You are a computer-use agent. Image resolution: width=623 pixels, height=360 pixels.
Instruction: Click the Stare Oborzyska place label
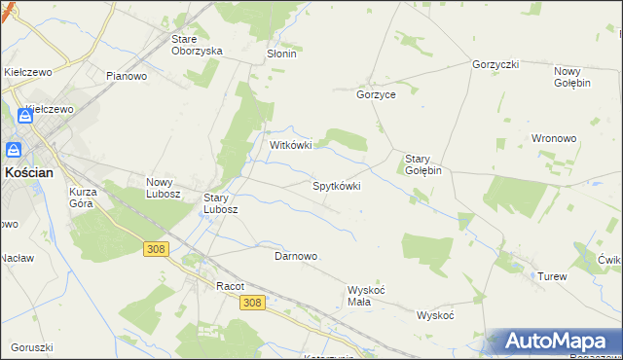tap(197, 45)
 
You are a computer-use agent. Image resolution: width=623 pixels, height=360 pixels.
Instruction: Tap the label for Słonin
tap(281, 54)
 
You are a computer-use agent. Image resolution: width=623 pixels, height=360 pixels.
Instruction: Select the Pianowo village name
tap(127, 76)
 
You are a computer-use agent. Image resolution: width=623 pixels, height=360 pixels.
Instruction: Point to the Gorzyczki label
tap(495, 64)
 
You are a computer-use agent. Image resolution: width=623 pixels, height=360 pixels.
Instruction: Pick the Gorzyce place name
tap(376, 95)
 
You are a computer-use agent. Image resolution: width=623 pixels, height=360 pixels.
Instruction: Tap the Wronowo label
tap(555, 138)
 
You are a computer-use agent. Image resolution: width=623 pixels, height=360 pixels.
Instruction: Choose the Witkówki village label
tap(290, 145)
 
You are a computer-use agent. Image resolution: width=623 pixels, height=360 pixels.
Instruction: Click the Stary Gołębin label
tap(423, 163)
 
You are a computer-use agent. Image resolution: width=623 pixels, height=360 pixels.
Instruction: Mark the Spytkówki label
tap(336, 185)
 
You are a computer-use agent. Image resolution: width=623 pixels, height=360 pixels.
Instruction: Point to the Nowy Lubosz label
tap(164, 187)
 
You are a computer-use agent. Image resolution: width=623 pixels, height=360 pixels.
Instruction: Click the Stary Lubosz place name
tap(221, 202)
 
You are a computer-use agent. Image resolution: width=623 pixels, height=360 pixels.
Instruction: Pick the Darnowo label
tap(296, 256)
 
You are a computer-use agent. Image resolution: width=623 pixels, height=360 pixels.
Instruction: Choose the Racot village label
tap(230, 286)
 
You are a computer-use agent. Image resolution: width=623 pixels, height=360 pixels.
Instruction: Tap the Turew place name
tap(552, 276)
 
